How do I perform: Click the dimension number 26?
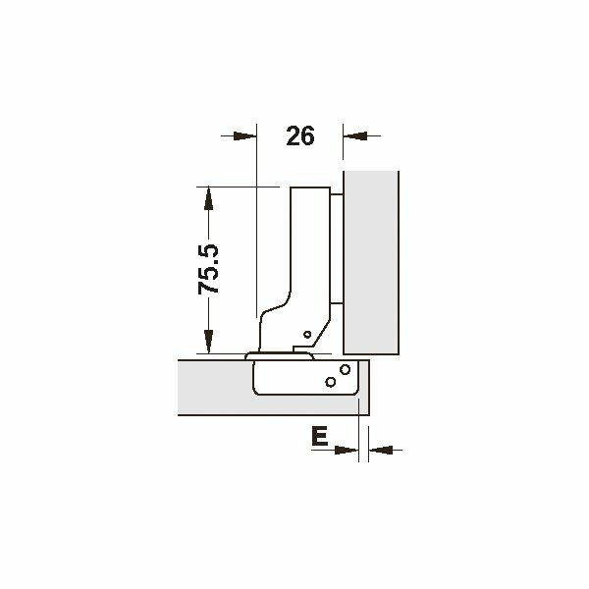point(299,136)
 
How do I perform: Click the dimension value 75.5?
point(208,269)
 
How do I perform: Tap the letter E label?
point(320,436)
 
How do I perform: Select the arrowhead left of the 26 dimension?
point(244,136)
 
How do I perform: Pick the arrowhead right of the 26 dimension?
point(355,136)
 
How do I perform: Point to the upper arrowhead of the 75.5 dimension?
point(208,198)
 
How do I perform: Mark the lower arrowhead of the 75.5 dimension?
point(208,342)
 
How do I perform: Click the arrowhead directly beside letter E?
point(347,450)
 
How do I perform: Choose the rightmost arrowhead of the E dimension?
point(381,450)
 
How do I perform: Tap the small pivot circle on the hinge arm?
point(307,334)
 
